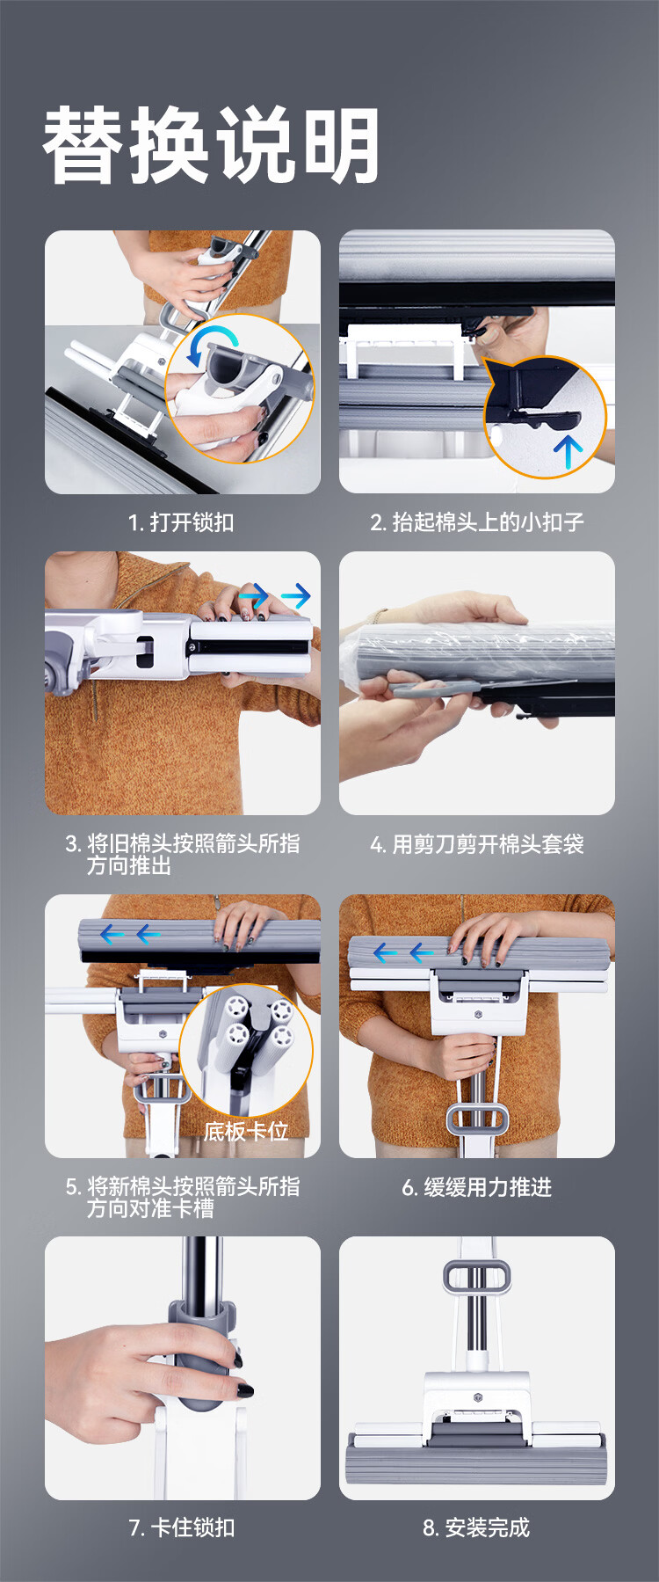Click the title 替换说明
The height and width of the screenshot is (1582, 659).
click(x=211, y=145)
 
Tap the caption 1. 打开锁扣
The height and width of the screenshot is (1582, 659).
click(x=182, y=522)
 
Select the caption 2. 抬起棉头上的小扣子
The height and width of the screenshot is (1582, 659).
click(x=477, y=522)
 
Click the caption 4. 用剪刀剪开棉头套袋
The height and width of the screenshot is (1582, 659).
click(x=477, y=844)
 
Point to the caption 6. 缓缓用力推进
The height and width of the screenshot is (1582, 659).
click(x=477, y=1187)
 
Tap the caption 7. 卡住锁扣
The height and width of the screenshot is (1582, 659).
click(x=182, y=1527)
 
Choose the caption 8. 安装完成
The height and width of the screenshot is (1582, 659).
click(x=477, y=1527)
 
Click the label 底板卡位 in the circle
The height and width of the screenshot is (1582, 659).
click(x=246, y=1131)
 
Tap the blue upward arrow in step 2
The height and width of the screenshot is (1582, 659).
click(x=568, y=452)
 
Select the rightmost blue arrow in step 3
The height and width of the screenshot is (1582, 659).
click(x=296, y=596)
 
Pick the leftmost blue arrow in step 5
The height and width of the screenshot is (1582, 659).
click(x=112, y=934)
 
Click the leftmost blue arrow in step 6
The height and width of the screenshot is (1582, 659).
click(x=386, y=951)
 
